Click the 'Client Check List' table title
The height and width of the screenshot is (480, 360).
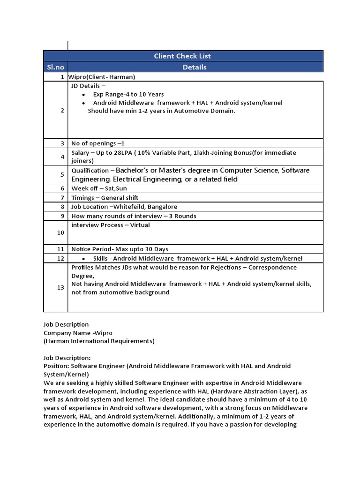[x=182, y=56]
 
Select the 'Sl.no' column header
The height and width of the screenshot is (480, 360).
[x=55, y=67]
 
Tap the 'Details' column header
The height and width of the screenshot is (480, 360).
[x=195, y=67]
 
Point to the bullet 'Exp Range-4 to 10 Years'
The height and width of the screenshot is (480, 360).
[x=128, y=94]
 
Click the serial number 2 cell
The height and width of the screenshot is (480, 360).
[x=62, y=110]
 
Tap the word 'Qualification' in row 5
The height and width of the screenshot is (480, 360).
[x=90, y=171]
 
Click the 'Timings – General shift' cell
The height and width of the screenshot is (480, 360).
[x=105, y=197]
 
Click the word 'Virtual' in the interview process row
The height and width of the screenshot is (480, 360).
[x=140, y=225]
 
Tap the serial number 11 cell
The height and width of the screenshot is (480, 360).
[x=60, y=249]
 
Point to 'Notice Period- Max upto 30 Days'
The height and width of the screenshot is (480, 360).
[x=120, y=249]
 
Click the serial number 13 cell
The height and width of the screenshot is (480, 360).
[x=60, y=287]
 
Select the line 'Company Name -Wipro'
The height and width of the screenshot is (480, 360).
[x=75, y=333]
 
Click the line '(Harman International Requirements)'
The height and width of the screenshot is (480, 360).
[x=99, y=341]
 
